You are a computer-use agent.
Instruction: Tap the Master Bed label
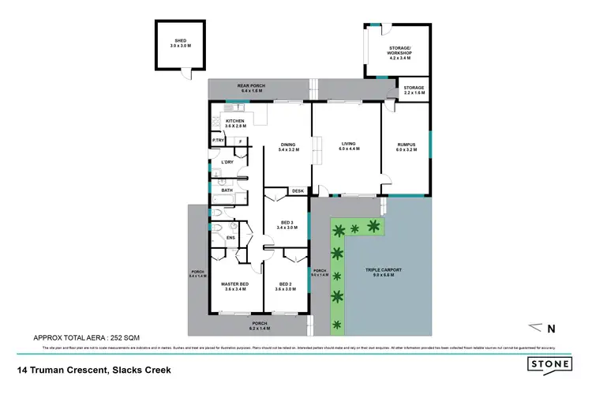coord(235,286)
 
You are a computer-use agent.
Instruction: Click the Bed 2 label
coord(285,286)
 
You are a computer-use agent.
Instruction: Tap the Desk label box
coord(298,191)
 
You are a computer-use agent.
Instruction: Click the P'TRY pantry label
coord(218,141)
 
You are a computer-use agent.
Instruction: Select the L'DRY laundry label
coord(227,163)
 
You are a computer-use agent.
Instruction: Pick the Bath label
coord(227,190)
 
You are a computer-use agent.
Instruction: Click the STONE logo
coord(551,366)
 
